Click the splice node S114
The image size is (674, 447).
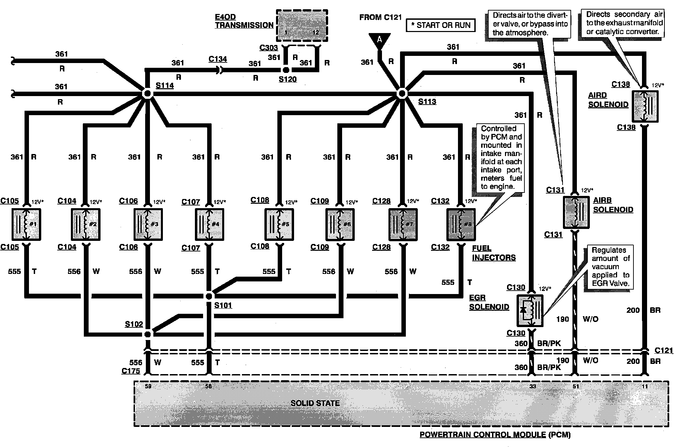pos(148,94)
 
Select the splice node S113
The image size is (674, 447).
pos(402,93)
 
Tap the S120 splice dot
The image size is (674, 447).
pos(286,70)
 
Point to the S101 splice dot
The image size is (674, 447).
pos(209,296)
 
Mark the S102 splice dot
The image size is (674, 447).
pos(148,334)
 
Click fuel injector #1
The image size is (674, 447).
pos(26,224)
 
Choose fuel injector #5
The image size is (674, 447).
pos(279,224)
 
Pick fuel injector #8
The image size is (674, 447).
pos(461,225)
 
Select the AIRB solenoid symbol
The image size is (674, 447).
pos(576,212)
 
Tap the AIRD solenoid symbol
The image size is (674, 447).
pos(645,106)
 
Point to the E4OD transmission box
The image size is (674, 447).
pos(302,26)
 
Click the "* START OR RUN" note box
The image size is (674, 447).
pos(441,25)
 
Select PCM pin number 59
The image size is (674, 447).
pos(148,386)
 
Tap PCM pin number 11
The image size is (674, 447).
pos(645,386)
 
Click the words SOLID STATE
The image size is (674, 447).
pos(315,403)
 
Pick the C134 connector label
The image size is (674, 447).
pos(218,59)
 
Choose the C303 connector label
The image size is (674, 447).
pos(269,48)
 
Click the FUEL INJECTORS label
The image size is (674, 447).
pos(494,253)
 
